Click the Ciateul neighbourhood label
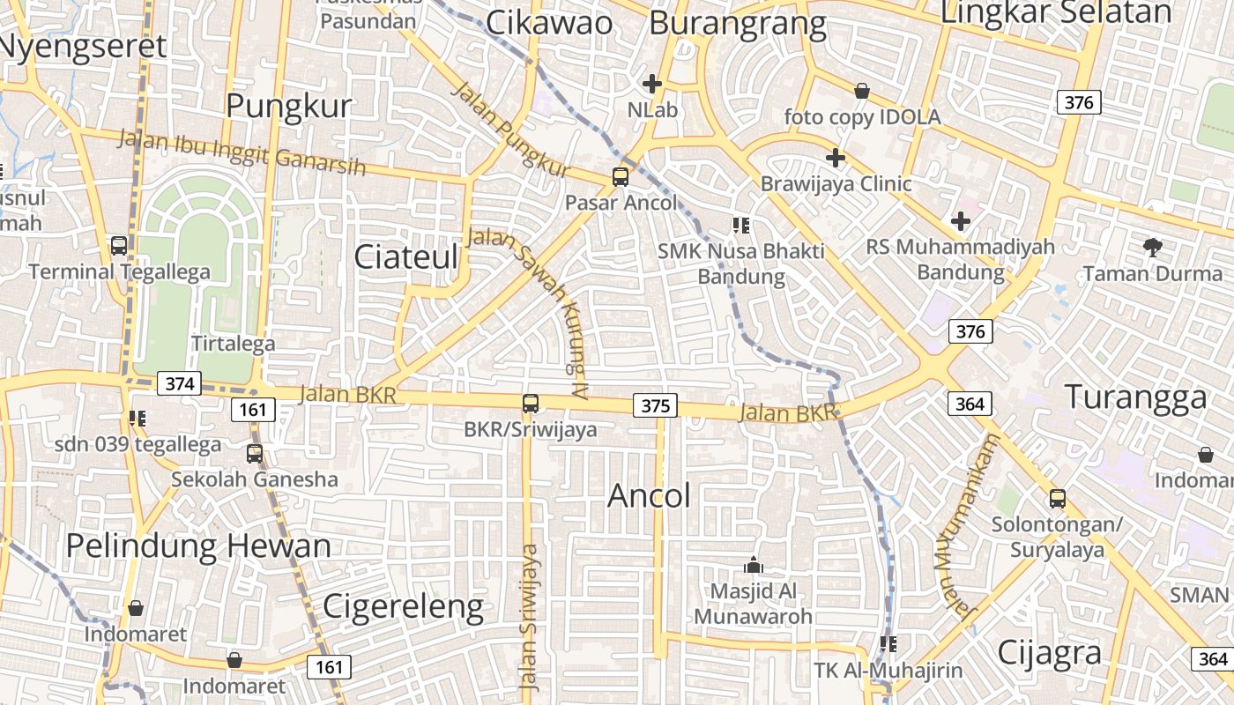406,256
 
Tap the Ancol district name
650,496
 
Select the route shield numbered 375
655,405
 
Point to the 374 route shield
179,383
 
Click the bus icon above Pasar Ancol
621,176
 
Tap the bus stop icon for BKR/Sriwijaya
531,404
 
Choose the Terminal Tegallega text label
120,271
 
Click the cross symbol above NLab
652,84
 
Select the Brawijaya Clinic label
836,184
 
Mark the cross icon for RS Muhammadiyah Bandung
961,221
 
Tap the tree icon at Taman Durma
1152,248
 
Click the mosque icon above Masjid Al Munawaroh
754,565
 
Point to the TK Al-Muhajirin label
888,671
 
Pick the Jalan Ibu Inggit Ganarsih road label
242,152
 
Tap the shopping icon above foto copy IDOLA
862,91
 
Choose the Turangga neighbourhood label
1135,397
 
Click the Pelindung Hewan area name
198,545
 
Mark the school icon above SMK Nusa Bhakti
741,226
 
